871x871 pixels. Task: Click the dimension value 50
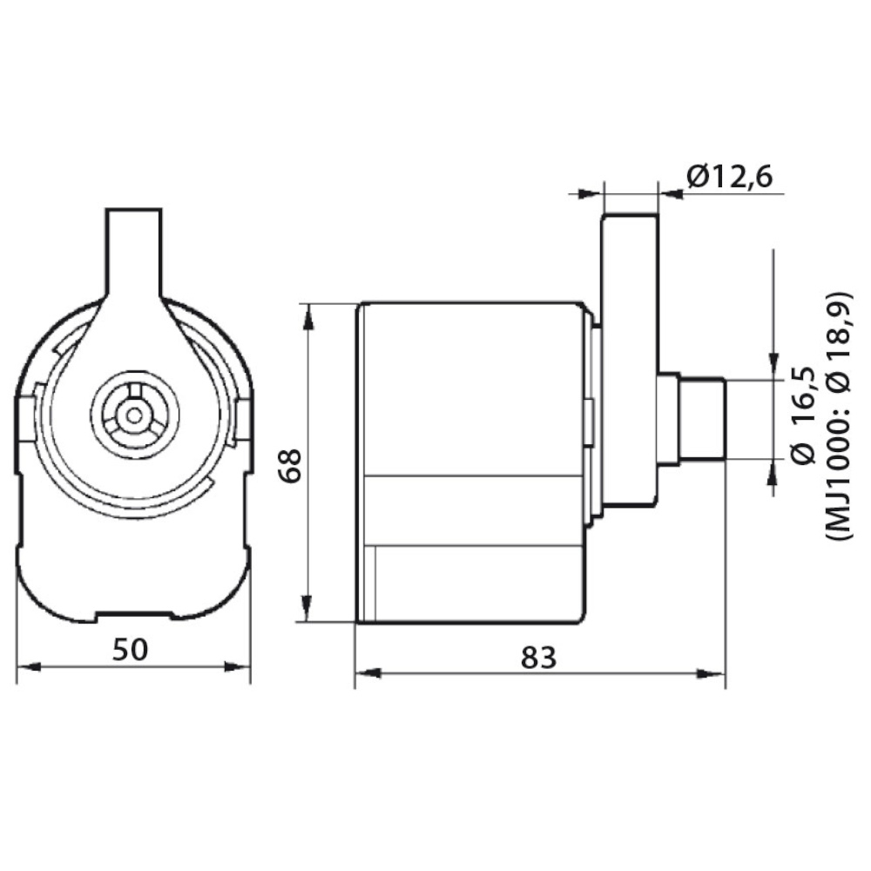tap(131, 649)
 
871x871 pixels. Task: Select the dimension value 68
tap(290, 465)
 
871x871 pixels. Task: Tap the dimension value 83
tap(538, 658)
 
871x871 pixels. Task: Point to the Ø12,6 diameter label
tap(729, 177)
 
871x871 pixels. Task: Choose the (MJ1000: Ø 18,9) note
tap(839, 415)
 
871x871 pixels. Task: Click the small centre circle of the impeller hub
tap(134, 415)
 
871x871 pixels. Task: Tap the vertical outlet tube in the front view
tap(134, 253)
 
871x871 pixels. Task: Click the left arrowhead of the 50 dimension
tap(29, 666)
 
